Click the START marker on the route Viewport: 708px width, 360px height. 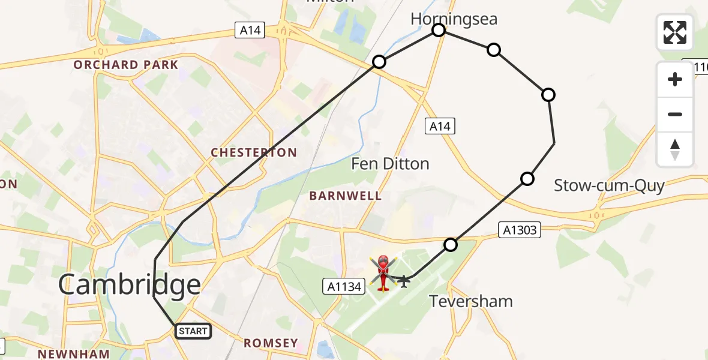click(x=193, y=331)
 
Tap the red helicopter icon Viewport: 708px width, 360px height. click(x=383, y=273)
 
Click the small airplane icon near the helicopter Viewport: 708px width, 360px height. click(x=404, y=280)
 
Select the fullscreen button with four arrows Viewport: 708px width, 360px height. click(x=675, y=32)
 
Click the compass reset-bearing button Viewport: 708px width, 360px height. click(x=675, y=149)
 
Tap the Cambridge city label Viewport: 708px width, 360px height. click(x=129, y=285)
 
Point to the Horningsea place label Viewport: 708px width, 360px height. click(x=454, y=19)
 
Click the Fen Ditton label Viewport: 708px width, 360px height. click(x=389, y=163)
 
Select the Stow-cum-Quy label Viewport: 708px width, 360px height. click(x=608, y=185)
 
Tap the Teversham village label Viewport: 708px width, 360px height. click(x=471, y=301)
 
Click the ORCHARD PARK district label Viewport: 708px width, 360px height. click(x=126, y=65)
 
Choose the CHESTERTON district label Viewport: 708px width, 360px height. click(x=254, y=153)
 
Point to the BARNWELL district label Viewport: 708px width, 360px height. click(x=345, y=196)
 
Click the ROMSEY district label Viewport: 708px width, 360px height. click(x=270, y=343)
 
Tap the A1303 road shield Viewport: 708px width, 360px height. click(x=520, y=229)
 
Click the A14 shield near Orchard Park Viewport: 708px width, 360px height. click(x=250, y=30)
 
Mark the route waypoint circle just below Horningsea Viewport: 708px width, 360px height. click(x=439, y=30)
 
